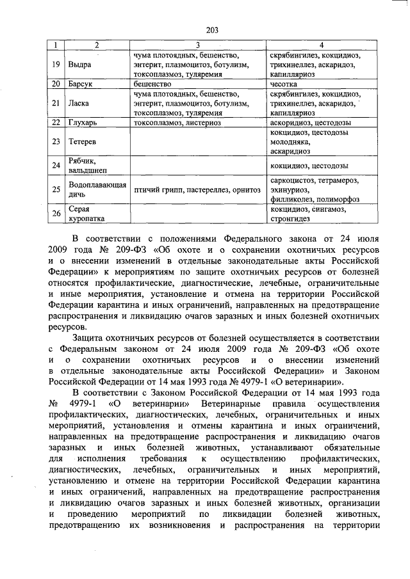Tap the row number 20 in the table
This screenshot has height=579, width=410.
(56, 84)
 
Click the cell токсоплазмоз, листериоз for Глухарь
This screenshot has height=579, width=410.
(178, 122)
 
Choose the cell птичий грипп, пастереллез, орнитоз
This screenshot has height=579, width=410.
(197, 190)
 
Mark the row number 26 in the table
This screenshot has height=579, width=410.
(56, 213)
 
